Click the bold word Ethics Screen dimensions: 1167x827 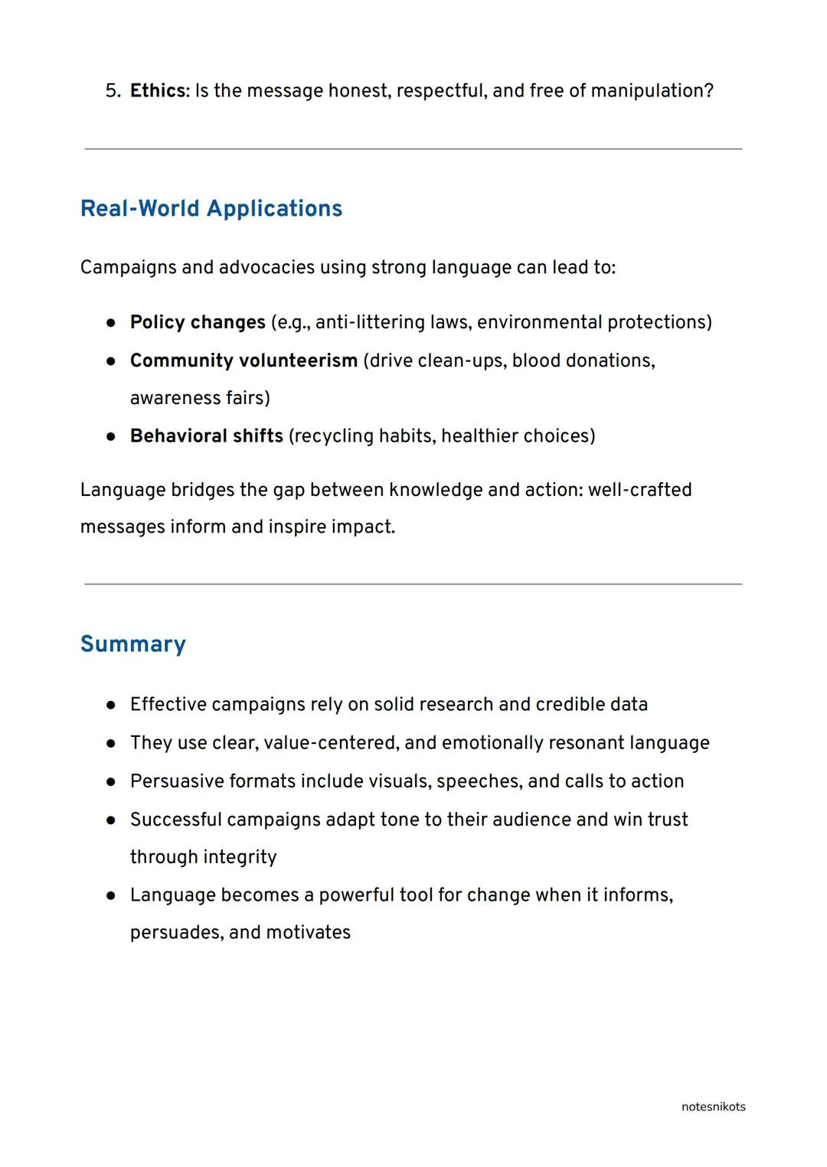tap(158, 91)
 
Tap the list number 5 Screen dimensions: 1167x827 tap(112, 91)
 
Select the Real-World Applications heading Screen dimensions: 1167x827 tap(211, 208)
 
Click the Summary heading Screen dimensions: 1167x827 tap(133, 644)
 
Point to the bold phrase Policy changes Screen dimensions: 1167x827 tap(198, 322)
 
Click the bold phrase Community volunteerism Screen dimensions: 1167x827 tap(244, 360)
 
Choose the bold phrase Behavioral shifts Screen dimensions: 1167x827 tap(207, 436)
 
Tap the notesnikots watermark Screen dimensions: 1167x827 tap(713, 1107)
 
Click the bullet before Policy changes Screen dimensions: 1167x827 tap(111, 323)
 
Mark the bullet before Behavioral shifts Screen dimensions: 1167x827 tap(111, 437)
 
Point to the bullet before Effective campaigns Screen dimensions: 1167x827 tap(111, 705)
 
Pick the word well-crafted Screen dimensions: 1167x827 tap(639, 490)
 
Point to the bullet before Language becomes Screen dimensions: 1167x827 tap(111, 895)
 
